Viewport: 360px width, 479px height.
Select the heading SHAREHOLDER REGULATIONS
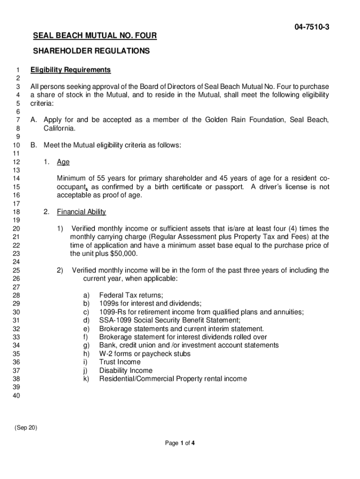[91, 51]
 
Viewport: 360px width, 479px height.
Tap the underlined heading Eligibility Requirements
[71, 70]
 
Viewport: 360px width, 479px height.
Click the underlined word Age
[63, 162]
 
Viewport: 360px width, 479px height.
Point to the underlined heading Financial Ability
[81, 212]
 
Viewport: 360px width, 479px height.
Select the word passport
[229, 187]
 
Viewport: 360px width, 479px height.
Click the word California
[59, 128]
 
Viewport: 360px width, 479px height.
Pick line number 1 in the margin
[18, 70]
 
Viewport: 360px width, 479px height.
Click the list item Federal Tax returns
[131, 296]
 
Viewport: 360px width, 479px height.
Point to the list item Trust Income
[120, 362]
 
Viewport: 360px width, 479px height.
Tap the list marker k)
[86, 379]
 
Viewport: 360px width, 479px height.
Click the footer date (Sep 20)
[26, 428]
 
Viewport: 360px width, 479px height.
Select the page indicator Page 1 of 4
[180, 444]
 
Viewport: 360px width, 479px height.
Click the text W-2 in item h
[107, 354]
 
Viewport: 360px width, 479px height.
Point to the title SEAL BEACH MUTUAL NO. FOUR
[94, 36]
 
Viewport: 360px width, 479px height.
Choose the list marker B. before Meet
[34, 145]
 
